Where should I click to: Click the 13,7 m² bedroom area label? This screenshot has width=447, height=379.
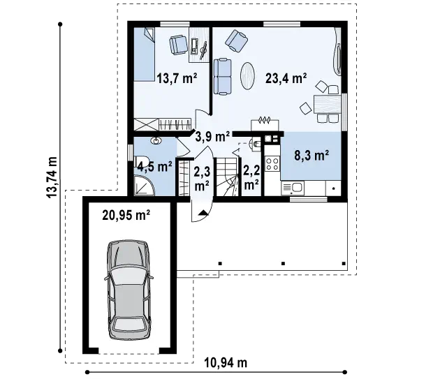tap(177, 78)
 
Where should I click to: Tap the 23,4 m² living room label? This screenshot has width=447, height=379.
tap(286, 78)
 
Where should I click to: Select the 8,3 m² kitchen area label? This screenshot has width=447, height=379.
tap(312, 156)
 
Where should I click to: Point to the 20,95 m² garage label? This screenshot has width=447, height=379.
tap(126, 215)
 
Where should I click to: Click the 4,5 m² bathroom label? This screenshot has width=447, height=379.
tap(154, 166)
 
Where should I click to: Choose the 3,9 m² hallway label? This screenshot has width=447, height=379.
tap(212, 137)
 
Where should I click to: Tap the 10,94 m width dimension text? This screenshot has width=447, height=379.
tap(226, 363)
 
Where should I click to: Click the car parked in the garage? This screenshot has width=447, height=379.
tap(129, 290)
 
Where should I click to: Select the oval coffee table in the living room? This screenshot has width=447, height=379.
tap(247, 75)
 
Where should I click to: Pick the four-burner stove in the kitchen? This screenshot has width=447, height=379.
tap(272, 164)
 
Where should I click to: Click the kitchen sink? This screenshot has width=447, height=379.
tap(293, 188)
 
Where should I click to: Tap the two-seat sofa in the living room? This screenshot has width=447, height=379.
tap(222, 76)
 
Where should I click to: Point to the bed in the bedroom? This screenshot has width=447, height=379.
tap(145, 54)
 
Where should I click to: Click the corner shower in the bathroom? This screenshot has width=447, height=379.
tap(145, 186)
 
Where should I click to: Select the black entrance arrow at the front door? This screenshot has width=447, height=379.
tap(203, 212)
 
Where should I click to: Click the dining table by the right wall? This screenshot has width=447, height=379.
tap(328, 104)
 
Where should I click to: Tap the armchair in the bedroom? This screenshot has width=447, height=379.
tap(179, 45)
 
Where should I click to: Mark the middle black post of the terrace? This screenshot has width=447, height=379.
tap(283, 264)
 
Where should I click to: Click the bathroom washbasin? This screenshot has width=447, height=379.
tap(156, 140)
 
